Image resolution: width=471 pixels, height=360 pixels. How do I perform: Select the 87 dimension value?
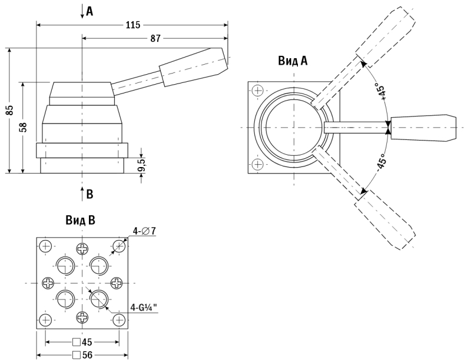tap(155, 38)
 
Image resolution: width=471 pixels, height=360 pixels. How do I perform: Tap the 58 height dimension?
tap(24, 127)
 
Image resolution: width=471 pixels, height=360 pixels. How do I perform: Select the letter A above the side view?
tap(89, 11)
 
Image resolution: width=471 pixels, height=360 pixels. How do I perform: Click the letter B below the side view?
tap(89, 194)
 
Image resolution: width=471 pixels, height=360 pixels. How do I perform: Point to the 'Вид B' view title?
tap(81, 221)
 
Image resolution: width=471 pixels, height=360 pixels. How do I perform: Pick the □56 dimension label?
tap(82, 355)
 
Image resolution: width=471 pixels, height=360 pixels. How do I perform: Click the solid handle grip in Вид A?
tap(423, 128)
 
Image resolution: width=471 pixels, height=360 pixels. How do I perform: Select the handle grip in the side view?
tap(193, 67)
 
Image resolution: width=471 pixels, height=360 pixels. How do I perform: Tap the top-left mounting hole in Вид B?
tap(46, 246)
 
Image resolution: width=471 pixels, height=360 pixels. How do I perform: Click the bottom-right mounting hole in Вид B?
tap(119, 320)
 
